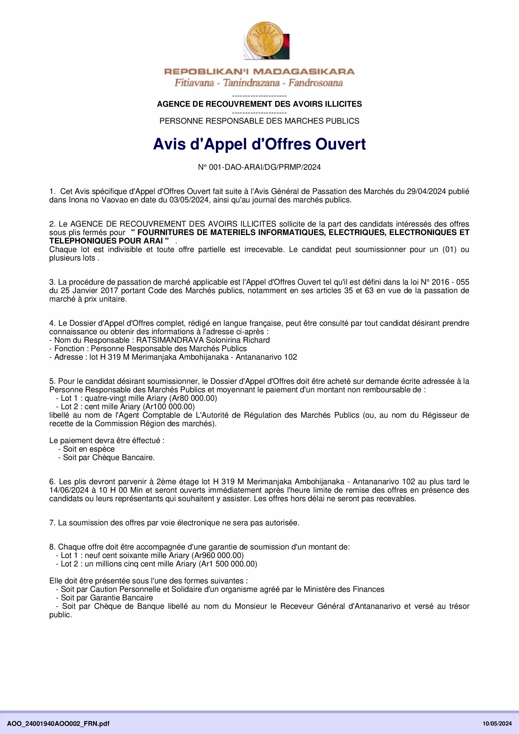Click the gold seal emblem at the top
(264, 40)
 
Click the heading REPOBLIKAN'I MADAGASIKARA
(259, 71)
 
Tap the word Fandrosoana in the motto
(315, 83)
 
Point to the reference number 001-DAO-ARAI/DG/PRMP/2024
(265, 167)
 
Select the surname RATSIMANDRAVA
(170, 340)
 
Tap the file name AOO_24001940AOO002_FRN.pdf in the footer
(58, 723)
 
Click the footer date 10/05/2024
(497, 723)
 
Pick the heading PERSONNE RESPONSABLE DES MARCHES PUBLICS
(259, 121)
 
